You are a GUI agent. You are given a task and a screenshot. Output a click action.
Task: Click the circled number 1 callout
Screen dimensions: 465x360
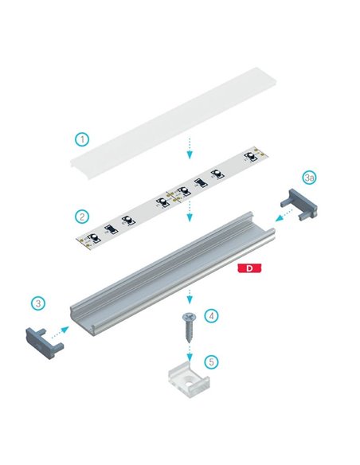81,139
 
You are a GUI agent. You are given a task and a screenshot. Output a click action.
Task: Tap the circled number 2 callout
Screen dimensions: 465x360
81,216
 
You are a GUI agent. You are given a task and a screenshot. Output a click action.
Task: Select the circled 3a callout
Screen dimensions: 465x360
310,175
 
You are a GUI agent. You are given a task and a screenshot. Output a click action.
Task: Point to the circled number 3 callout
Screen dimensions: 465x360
38,303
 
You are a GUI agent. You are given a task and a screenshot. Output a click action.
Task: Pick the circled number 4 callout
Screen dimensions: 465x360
210,316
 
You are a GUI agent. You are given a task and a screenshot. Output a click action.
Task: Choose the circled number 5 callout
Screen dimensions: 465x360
210,361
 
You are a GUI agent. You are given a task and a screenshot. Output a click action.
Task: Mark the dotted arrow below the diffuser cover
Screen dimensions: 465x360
189,148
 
